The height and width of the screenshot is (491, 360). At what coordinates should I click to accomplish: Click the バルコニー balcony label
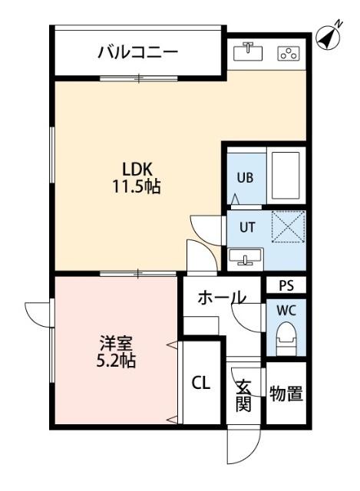[137, 53]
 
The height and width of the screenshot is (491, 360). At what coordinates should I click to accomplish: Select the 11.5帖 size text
[139, 186]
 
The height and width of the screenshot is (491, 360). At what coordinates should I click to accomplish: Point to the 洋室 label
[117, 342]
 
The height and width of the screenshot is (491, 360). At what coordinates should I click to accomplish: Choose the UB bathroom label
[244, 176]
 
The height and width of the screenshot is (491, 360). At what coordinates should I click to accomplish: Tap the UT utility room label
[246, 227]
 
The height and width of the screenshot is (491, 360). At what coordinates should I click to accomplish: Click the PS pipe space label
[286, 286]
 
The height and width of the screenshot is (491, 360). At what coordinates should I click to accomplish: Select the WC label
[286, 311]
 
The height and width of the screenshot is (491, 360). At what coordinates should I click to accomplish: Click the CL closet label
[201, 383]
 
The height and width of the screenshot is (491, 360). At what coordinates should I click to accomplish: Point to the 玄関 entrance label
[243, 396]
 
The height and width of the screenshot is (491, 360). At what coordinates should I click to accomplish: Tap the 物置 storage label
[286, 394]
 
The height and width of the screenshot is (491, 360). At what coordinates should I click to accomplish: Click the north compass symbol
[328, 36]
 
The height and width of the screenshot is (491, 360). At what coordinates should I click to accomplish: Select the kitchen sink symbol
[248, 51]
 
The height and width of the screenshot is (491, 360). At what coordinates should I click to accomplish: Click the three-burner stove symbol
[289, 53]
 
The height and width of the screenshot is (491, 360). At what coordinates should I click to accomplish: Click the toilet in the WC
[286, 336]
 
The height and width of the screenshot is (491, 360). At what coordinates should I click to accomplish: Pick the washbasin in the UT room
[246, 257]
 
